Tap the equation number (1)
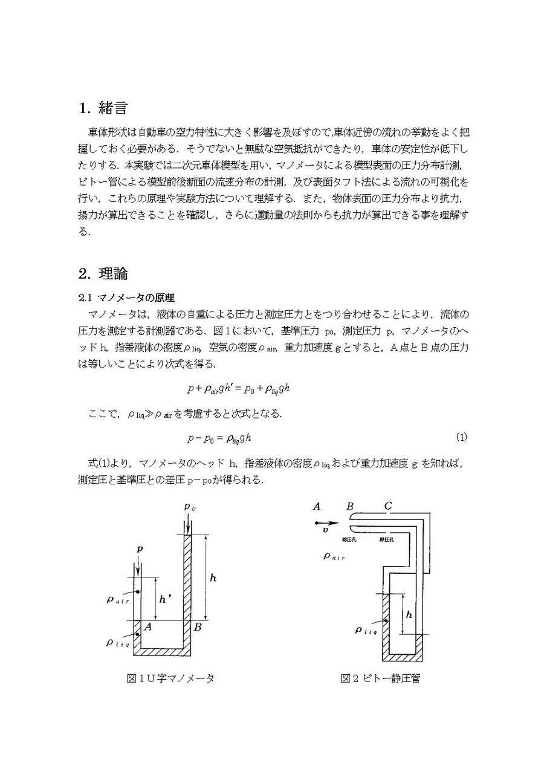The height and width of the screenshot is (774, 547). point(461,437)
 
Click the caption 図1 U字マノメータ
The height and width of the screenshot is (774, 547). point(170,678)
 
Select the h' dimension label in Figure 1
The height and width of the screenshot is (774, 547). point(164,600)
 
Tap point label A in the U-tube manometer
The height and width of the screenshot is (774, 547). point(148,628)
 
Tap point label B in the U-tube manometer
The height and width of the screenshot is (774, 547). point(197,628)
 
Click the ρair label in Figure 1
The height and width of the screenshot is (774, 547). point(118,601)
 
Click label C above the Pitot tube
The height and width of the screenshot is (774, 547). point(388,507)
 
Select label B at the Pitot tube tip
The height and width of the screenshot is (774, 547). point(350,507)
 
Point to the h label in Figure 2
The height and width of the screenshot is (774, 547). point(409,614)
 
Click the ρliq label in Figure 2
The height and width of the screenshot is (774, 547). point(366,631)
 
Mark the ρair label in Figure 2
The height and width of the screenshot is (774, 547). point(334,556)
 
